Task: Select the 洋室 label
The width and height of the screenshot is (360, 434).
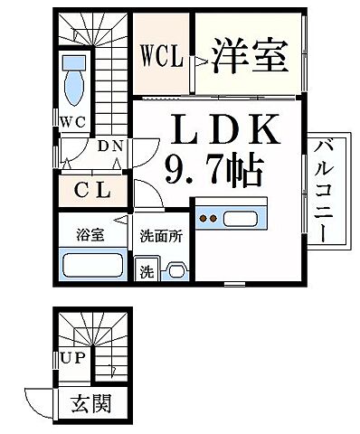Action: coord(250,56)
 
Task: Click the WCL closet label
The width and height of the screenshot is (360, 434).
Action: coord(162,57)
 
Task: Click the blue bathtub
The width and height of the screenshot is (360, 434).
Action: coord(93,266)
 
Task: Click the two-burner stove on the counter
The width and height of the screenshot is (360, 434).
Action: coord(209,218)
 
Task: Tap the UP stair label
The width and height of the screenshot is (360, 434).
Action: coord(71,358)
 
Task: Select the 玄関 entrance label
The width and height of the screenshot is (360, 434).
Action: coord(91,403)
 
